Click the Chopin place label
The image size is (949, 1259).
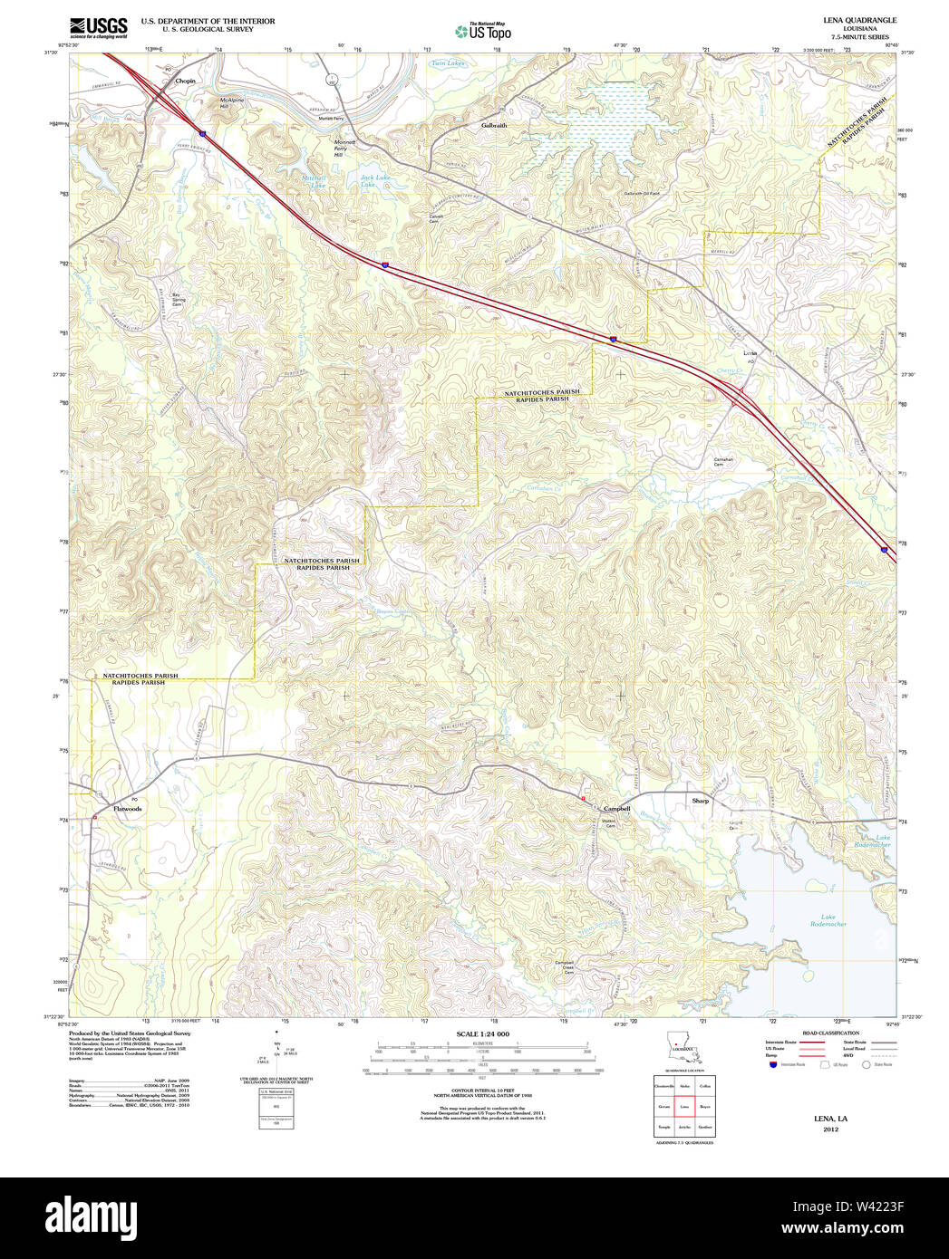pos(185,81)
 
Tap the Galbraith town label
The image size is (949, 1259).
pos(494,125)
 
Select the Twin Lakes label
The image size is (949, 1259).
pos(447,63)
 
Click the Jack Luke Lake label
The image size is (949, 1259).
pos(374,180)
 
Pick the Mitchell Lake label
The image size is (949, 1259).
pos(314,180)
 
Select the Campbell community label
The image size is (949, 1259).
pos(616,808)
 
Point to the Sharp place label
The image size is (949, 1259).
pos(700,801)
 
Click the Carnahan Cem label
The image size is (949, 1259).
pos(722,462)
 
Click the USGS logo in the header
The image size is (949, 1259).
pos(99,27)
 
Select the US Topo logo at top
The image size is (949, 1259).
pos(483,31)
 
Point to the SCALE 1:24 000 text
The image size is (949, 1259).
pos(482,1033)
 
